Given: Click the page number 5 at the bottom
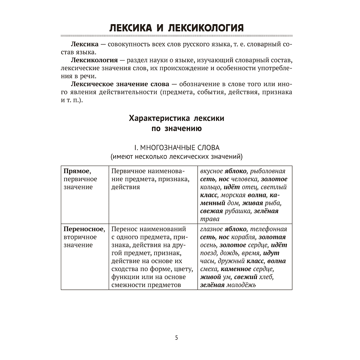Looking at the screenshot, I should [176, 337].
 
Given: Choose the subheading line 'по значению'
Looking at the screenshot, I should [176, 129].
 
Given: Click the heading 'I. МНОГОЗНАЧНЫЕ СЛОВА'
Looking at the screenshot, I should [176, 148].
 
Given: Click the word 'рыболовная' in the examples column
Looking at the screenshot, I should [267, 171].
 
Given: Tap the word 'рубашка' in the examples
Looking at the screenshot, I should [237, 211].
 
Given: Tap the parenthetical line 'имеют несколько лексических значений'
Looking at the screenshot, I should [176, 156].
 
